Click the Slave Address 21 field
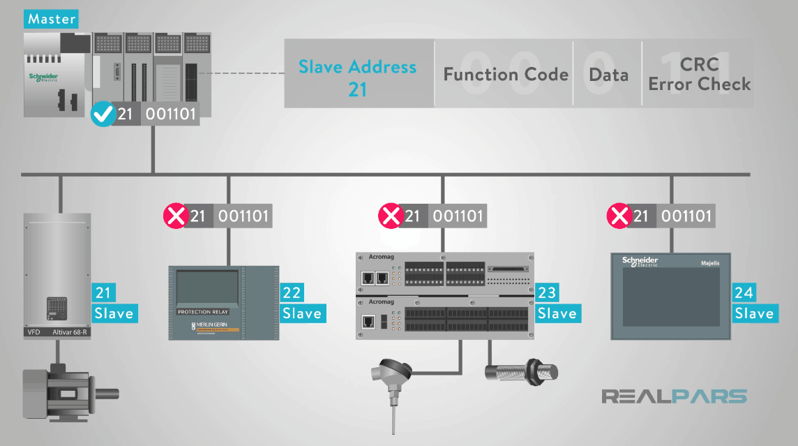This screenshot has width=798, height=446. tap(358, 76)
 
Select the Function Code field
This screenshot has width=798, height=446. tap(505, 75)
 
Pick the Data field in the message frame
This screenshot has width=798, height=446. tap(608, 75)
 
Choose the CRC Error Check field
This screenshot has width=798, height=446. tap(699, 75)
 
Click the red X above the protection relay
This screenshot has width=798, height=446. tap(175, 216)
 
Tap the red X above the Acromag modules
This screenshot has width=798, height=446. tap(390, 216)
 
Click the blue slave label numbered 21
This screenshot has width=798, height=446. tap(114, 303)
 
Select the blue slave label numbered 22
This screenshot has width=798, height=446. tap(302, 303)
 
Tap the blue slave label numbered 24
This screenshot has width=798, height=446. tap(753, 303)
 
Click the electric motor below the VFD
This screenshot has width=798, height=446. tap(63, 392)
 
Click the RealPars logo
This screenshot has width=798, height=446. tap(674, 396)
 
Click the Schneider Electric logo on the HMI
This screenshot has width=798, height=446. tap(640, 262)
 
